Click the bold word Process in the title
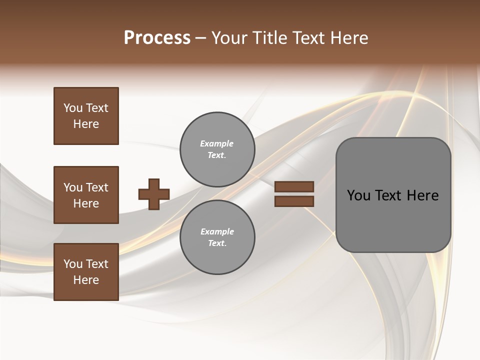point(157,38)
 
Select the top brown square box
point(86,116)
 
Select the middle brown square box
point(86,195)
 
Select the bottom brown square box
point(86,271)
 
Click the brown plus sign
point(154,194)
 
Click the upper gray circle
point(217,149)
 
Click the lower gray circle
point(217,237)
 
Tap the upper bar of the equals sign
point(294,186)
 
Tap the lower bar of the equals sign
point(294,201)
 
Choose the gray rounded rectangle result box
point(393,195)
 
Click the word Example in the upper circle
point(216,143)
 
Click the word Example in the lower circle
point(217,231)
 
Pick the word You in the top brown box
point(73,108)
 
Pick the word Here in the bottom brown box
point(86,280)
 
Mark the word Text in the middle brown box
point(97,187)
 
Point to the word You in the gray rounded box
point(358,195)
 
